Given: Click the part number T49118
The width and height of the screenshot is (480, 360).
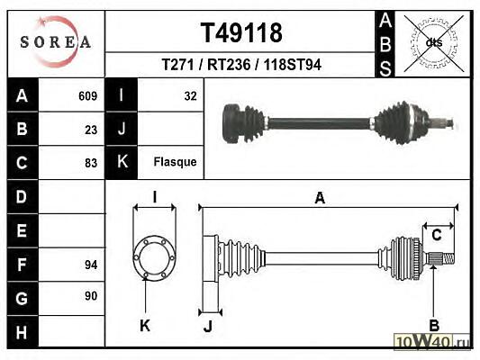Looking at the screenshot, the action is [241, 32].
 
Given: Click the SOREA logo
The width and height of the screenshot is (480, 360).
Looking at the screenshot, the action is [56, 41].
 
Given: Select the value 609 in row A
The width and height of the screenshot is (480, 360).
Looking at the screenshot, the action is [88, 96].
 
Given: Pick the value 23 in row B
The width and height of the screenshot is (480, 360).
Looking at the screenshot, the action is [91, 130].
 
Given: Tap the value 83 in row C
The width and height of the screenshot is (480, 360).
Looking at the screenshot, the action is [91, 163].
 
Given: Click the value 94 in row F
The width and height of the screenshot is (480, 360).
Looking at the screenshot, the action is [91, 265].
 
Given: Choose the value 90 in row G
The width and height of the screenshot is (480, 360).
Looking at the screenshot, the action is [91, 296].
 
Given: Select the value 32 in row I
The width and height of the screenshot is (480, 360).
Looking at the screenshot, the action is [190, 96].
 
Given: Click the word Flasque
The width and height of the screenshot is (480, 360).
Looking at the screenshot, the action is [175, 162].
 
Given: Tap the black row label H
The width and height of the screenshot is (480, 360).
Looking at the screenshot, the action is [22, 332].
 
